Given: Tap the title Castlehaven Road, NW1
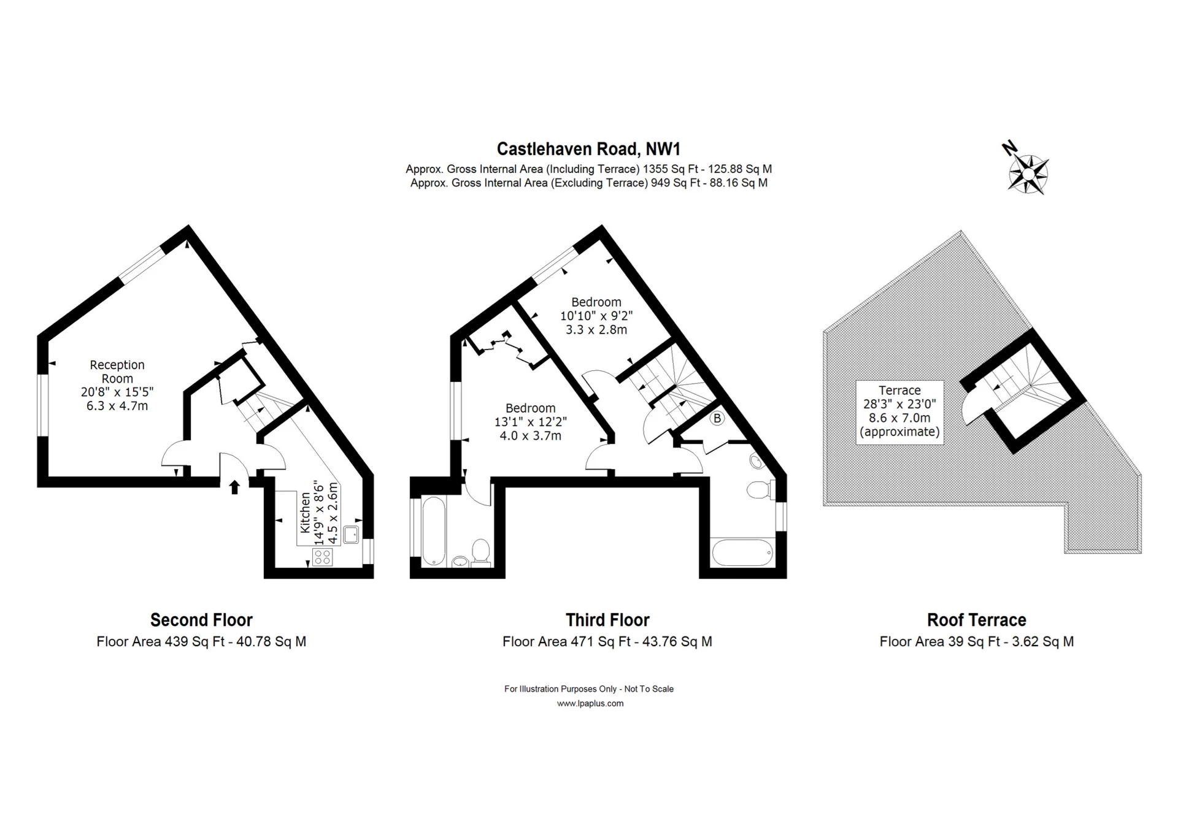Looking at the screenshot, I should click(588, 149).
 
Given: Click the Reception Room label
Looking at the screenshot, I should click(117, 372).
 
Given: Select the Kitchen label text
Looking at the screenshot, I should click(305, 511).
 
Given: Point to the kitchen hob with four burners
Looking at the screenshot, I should click(323, 557).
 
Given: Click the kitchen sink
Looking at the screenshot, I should click(352, 535).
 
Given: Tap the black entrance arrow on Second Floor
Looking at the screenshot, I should click(234, 487).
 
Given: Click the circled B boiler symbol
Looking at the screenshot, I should click(717, 419).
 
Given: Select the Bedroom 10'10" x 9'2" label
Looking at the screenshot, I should click(596, 316).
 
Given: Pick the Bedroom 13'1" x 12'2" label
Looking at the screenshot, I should click(530, 422).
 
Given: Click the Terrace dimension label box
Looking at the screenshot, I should click(899, 411).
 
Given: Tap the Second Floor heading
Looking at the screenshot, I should click(201, 620).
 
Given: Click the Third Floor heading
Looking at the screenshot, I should click(607, 620).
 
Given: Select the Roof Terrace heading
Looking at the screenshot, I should click(976, 620).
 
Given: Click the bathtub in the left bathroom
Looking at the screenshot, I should click(434, 531).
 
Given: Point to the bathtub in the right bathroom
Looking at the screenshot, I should click(741, 553).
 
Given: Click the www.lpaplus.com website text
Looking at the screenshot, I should click(590, 703).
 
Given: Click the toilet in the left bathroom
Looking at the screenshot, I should click(480, 551).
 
